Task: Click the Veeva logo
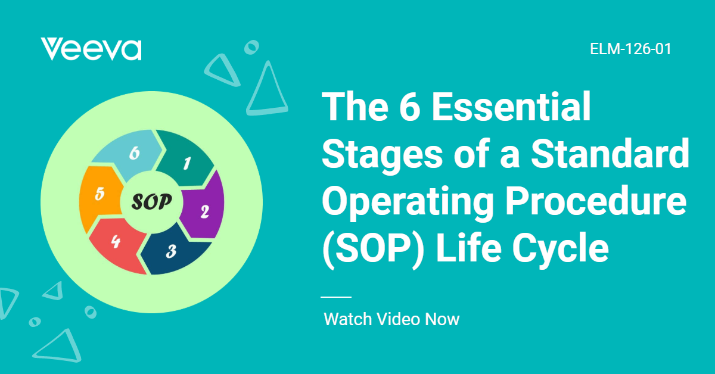(91, 49)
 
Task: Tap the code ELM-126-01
(630, 49)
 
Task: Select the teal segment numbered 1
(185, 158)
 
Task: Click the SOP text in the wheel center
(151, 202)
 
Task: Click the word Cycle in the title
(561, 251)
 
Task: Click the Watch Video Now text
(391, 319)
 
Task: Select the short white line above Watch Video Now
(336, 297)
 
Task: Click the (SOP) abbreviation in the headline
(374, 251)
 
